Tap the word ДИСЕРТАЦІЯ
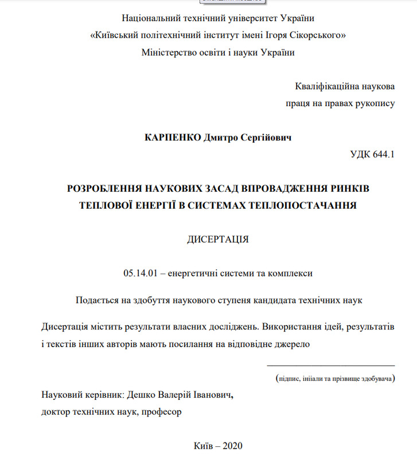tap(218, 239)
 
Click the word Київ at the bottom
tap(204, 445)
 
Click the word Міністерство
tap(168, 53)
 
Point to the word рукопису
tap(376, 103)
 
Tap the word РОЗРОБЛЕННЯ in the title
tap(106, 188)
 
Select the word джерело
tap(293, 344)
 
